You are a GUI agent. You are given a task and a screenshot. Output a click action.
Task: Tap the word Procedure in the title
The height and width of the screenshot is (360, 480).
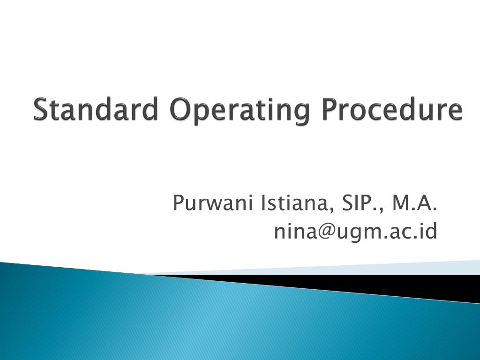pyautogui.click(x=393, y=110)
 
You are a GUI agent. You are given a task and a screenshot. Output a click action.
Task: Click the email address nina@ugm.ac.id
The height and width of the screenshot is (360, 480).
pyautogui.click(x=356, y=231)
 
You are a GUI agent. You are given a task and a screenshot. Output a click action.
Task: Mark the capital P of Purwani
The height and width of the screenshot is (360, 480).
pyautogui.click(x=179, y=203)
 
